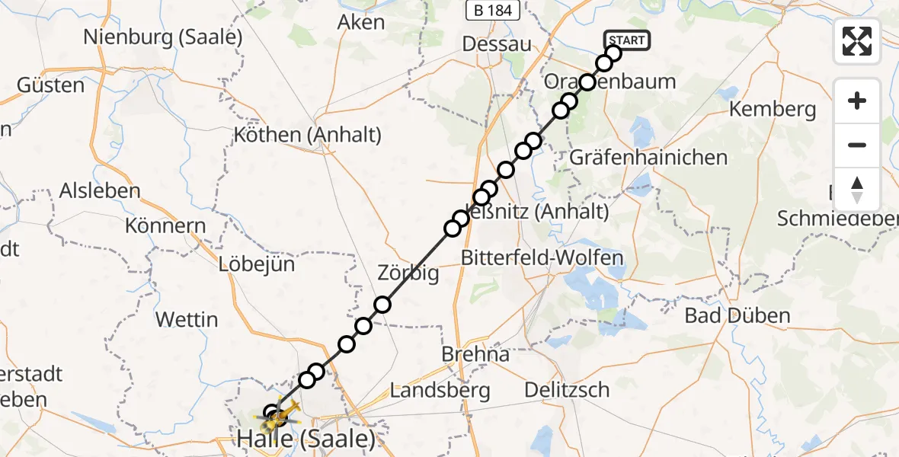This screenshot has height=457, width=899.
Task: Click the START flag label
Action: [x=627, y=40]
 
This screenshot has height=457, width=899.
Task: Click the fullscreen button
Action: [x=857, y=41]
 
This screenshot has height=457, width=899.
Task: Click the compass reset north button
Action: [x=857, y=190]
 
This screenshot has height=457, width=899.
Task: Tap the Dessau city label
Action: [x=497, y=44]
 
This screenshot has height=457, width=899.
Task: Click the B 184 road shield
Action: [x=494, y=11]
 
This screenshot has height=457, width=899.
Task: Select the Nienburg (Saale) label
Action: [x=163, y=36]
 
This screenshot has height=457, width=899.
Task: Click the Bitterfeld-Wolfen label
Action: [x=542, y=257]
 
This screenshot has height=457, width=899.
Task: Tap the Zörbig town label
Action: [x=408, y=273]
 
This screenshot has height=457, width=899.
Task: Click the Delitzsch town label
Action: [x=567, y=390]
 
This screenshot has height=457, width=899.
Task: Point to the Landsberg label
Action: [x=440, y=391]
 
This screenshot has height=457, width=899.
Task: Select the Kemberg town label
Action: [x=773, y=110]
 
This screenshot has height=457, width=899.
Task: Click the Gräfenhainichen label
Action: [x=648, y=158]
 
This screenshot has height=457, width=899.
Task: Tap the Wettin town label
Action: [x=187, y=319]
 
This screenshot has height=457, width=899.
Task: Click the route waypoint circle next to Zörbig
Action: [x=382, y=305]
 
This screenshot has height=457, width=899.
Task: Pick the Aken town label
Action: [x=361, y=22]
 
